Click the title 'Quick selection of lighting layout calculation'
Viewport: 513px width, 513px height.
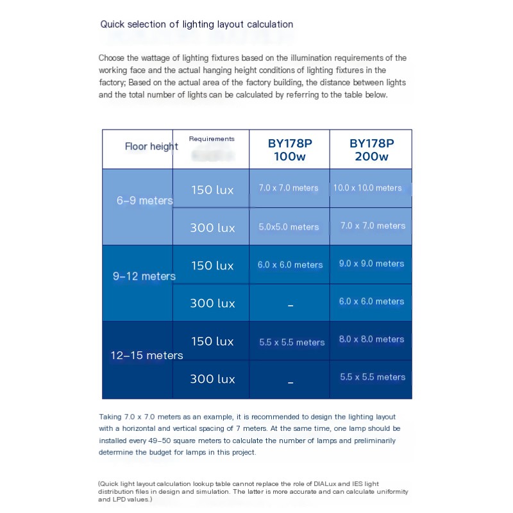196,24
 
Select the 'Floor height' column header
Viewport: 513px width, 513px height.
151,146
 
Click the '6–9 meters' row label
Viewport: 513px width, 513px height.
144,201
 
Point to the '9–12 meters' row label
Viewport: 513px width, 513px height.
144,276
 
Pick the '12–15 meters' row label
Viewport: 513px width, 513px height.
146,355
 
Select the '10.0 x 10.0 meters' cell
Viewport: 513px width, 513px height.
367,188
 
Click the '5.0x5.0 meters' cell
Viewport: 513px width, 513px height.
289,227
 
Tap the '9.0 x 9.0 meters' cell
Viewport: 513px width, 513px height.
371,264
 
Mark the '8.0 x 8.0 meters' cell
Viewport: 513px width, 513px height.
371,339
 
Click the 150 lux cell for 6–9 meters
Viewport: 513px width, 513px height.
212,190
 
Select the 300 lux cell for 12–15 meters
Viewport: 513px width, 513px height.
212,379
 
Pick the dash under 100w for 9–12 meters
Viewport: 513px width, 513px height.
290,305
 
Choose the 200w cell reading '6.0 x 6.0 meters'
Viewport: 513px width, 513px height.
371,301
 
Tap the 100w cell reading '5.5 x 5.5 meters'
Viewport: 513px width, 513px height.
292,342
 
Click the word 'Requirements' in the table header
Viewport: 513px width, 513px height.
212,139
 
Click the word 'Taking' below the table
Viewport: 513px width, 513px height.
112,416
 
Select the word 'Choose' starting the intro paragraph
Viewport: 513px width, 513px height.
113,58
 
